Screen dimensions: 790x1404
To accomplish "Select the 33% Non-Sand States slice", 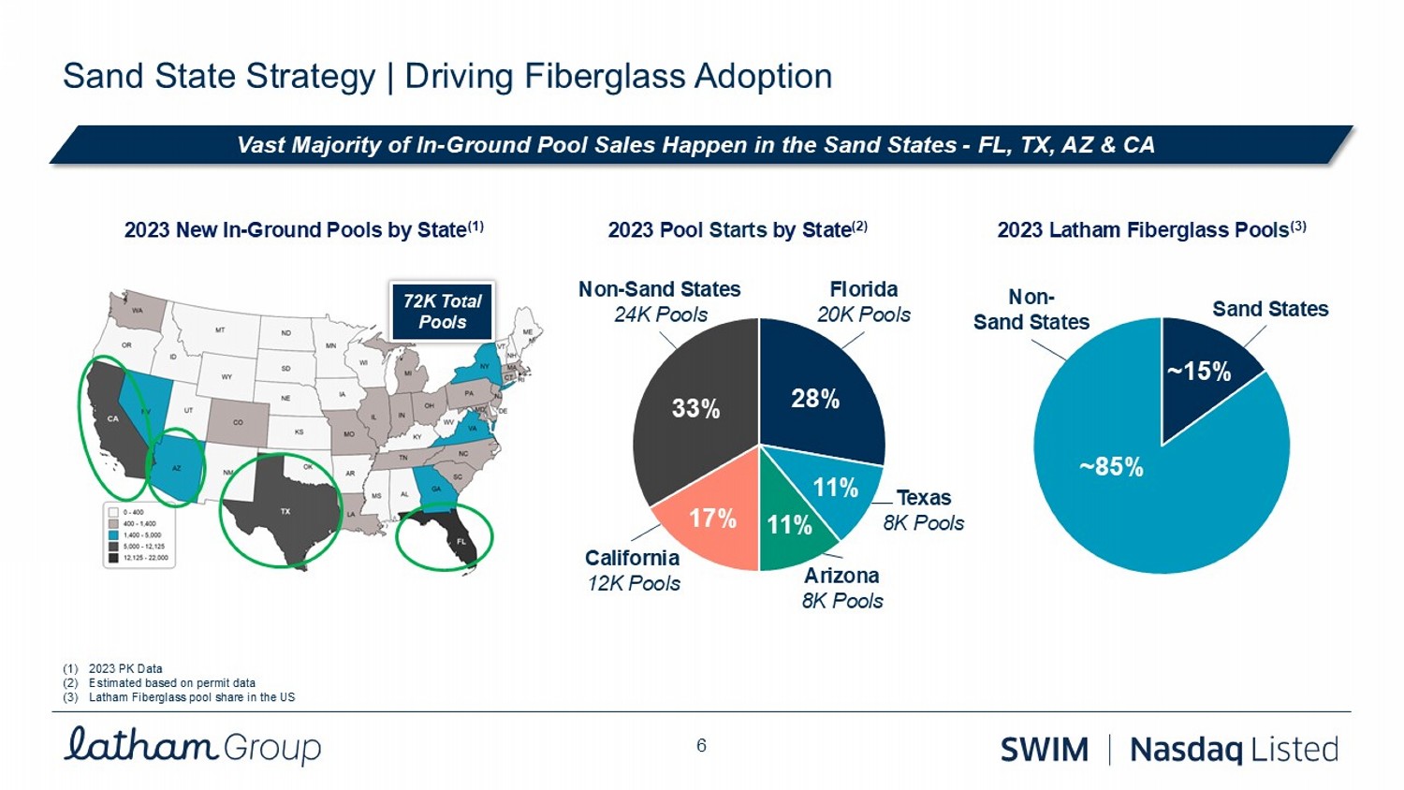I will pyautogui.click(x=695, y=408).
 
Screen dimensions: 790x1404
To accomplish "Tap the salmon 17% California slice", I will pyautogui.click(x=712, y=519).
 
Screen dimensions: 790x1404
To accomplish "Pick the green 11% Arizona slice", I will pyautogui.click(x=789, y=525).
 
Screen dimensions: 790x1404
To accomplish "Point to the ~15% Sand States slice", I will pyautogui.click(x=1199, y=372).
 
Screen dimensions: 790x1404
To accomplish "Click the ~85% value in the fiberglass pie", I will pyautogui.click(x=1111, y=466).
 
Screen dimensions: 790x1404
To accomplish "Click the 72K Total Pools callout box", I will pyautogui.click(x=442, y=312).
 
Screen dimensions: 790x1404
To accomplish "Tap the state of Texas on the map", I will pyautogui.click(x=285, y=510).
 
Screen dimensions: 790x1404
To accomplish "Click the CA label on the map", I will pyautogui.click(x=113, y=418).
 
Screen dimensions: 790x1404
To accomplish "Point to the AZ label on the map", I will pyautogui.click(x=176, y=468).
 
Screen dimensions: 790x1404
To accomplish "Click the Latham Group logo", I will pyautogui.click(x=192, y=745).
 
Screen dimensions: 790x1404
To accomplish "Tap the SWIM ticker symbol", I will pyautogui.click(x=1045, y=750).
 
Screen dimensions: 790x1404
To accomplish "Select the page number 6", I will pyautogui.click(x=701, y=745).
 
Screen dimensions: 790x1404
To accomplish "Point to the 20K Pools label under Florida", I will pyautogui.click(x=863, y=315).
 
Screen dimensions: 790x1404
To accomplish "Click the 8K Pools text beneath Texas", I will pyautogui.click(x=923, y=522).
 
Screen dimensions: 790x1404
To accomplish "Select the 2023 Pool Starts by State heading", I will pyautogui.click(x=738, y=229).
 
